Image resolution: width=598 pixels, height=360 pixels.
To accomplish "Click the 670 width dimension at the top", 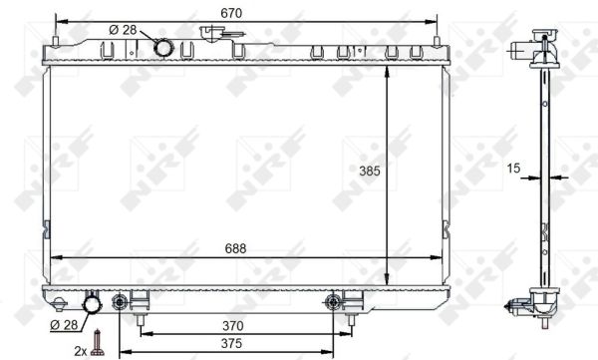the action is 231,13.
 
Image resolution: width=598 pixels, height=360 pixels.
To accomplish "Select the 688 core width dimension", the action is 235,249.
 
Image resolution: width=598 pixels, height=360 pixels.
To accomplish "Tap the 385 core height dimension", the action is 370,171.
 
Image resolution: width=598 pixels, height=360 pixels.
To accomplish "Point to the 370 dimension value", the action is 232,326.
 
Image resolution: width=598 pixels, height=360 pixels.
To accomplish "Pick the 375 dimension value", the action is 231,344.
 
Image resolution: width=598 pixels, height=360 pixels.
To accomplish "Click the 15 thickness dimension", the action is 513,168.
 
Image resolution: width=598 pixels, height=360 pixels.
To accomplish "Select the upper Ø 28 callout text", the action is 123,30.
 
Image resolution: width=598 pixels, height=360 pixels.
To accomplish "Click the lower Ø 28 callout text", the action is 64,325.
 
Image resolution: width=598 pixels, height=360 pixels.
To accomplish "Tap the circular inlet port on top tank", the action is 163,47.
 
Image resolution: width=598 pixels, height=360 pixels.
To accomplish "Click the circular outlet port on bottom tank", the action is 92,304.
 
